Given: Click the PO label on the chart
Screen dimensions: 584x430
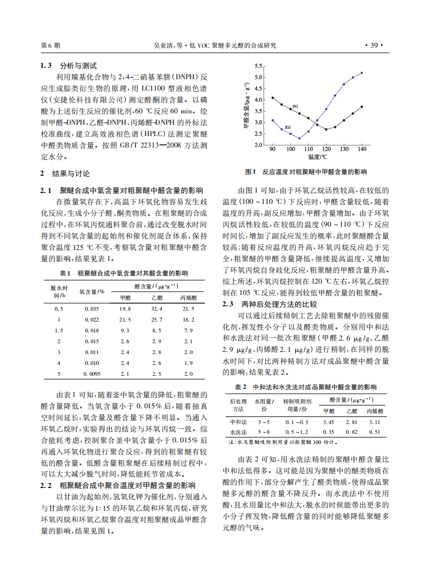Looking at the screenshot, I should (295, 106).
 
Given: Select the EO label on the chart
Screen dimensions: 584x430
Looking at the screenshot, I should (287, 127).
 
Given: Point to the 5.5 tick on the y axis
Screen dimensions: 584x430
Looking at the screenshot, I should (259, 66).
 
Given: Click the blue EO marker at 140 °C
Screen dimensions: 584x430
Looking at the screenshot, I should (362, 73).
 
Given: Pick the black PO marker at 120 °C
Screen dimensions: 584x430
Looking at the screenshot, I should (326, 129).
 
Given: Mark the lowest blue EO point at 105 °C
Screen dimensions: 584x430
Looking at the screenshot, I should (299, 138).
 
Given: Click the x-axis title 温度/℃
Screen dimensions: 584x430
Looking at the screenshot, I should (317, 157).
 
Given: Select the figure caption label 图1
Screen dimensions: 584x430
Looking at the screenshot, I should (251, 172).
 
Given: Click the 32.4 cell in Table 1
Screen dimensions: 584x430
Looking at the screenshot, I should (157, 309).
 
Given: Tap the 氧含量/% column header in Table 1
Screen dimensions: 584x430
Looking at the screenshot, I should (92, 291).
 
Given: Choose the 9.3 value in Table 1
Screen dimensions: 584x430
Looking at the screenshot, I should (125, 330).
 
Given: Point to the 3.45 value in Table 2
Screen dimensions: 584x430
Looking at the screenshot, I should (328, 421).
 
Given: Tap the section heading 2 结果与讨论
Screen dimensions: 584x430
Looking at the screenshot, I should (65, 174).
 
